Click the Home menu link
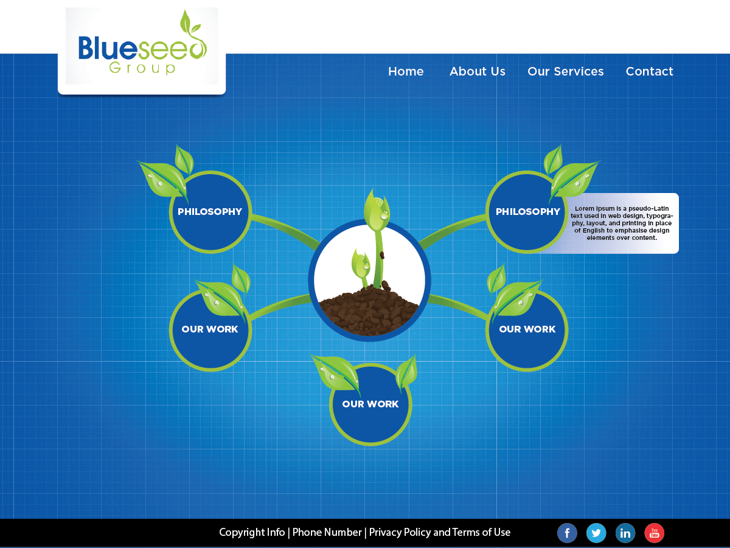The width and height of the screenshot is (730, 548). coord(406,71)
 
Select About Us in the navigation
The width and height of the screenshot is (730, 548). coord(477,71)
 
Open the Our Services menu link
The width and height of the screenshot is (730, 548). coord(565,71)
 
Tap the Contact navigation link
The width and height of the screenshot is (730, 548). coord(649,71)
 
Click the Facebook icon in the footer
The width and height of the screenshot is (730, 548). coord(567,533)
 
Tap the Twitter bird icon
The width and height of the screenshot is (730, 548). coord(596,533)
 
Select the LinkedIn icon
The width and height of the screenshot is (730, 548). coord(625,533)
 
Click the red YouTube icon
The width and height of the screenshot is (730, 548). coord(655,533)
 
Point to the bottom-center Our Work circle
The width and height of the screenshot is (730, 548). coord(370,404)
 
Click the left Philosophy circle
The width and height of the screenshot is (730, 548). coord(210,212)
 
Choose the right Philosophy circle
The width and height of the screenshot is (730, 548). coord(527,212)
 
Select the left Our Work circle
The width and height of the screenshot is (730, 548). coord(210,329)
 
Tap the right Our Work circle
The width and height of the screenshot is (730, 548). coord(527,329)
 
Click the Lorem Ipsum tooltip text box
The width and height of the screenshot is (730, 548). coord(622,223)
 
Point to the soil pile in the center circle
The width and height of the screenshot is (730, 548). coord(369,311)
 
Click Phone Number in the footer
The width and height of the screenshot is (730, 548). coord(327,532)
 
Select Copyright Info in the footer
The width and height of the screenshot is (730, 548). coord(252,532)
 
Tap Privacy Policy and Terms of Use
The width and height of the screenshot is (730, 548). coord(439,532)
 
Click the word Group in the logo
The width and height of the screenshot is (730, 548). coord(142,68)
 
